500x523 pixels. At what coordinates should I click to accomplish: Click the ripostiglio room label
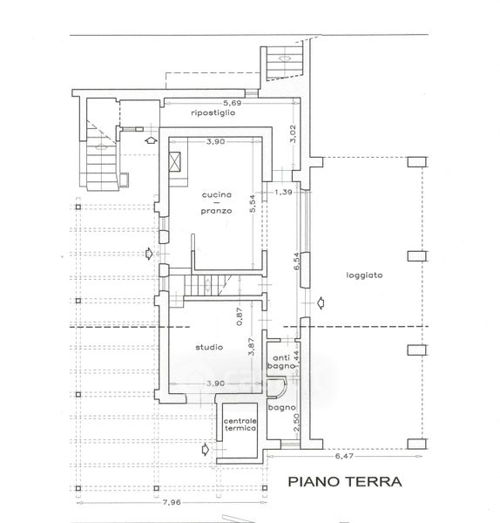click(213, 112)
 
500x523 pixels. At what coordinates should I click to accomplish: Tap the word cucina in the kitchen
click(217, 194)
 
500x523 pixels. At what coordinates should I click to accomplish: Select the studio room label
click(209, 347)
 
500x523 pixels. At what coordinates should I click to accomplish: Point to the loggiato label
click(364, 275)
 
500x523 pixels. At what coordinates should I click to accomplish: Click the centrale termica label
click(240, 425)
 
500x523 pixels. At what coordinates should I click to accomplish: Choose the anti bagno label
click(281, 362)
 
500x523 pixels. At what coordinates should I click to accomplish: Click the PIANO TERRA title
click(345, 482)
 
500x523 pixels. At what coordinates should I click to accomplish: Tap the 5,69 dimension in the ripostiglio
click(232, 103)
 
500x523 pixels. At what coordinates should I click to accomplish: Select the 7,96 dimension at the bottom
click(172, 502)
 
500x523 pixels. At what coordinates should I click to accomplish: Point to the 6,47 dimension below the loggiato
click(344, 456)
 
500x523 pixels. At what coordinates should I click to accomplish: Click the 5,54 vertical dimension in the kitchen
click(253, 204)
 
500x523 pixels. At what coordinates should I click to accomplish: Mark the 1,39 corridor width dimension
click(283, 192)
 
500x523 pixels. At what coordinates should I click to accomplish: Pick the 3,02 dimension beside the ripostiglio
click(293, 133)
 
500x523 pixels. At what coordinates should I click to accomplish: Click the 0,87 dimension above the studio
click(240, 316)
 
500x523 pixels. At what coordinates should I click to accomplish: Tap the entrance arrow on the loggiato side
click(321, 302)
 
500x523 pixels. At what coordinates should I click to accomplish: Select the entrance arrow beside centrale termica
click(206, 450)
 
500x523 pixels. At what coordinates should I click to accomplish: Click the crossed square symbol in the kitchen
click(175, 161)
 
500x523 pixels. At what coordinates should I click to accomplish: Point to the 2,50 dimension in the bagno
click(296, 422)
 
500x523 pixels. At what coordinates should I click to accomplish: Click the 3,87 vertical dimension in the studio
click(252, 347)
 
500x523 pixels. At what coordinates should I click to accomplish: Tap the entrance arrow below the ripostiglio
click(151, 140)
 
